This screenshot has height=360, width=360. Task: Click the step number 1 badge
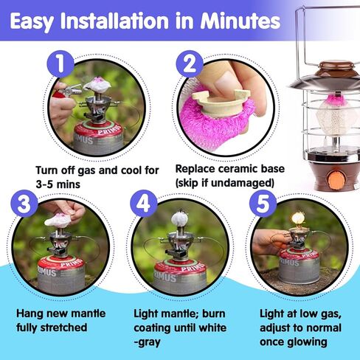tap(60, 64)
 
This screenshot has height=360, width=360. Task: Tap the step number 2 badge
tap(190, 64)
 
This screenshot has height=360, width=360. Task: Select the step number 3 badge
tap(24, 204)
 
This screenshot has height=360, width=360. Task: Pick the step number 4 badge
tap(144, 204)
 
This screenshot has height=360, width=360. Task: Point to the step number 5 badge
tap(263, 204)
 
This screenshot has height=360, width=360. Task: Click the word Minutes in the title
tap(240, 21)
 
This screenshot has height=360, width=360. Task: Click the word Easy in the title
tap(32, 22)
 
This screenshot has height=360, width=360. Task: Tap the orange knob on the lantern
tap(336, 181)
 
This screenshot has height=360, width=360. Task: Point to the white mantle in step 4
tap(179, 218)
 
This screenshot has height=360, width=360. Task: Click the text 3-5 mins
tap(58, 184)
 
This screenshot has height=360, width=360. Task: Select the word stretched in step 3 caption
tap(63, 328)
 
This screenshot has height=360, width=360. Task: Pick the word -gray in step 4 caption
tap(147, 342)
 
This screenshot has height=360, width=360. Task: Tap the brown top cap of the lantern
tap(336, 66)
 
